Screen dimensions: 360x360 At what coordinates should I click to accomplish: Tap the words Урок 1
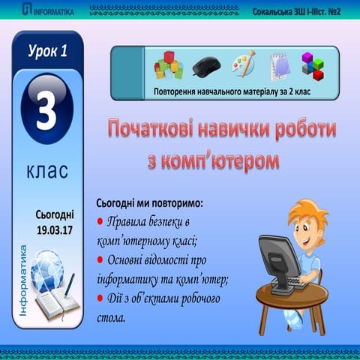47,52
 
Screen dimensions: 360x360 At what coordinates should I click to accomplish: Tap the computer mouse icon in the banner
205,67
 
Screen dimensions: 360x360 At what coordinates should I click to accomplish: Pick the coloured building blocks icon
168,65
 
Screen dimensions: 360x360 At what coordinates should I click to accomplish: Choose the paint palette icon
242,64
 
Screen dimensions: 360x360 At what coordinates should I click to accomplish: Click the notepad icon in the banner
279,66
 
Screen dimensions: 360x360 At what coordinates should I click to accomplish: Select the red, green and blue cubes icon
313,66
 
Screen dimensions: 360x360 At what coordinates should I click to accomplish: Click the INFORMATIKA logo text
52,11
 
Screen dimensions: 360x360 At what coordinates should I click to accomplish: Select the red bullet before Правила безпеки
100,223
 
